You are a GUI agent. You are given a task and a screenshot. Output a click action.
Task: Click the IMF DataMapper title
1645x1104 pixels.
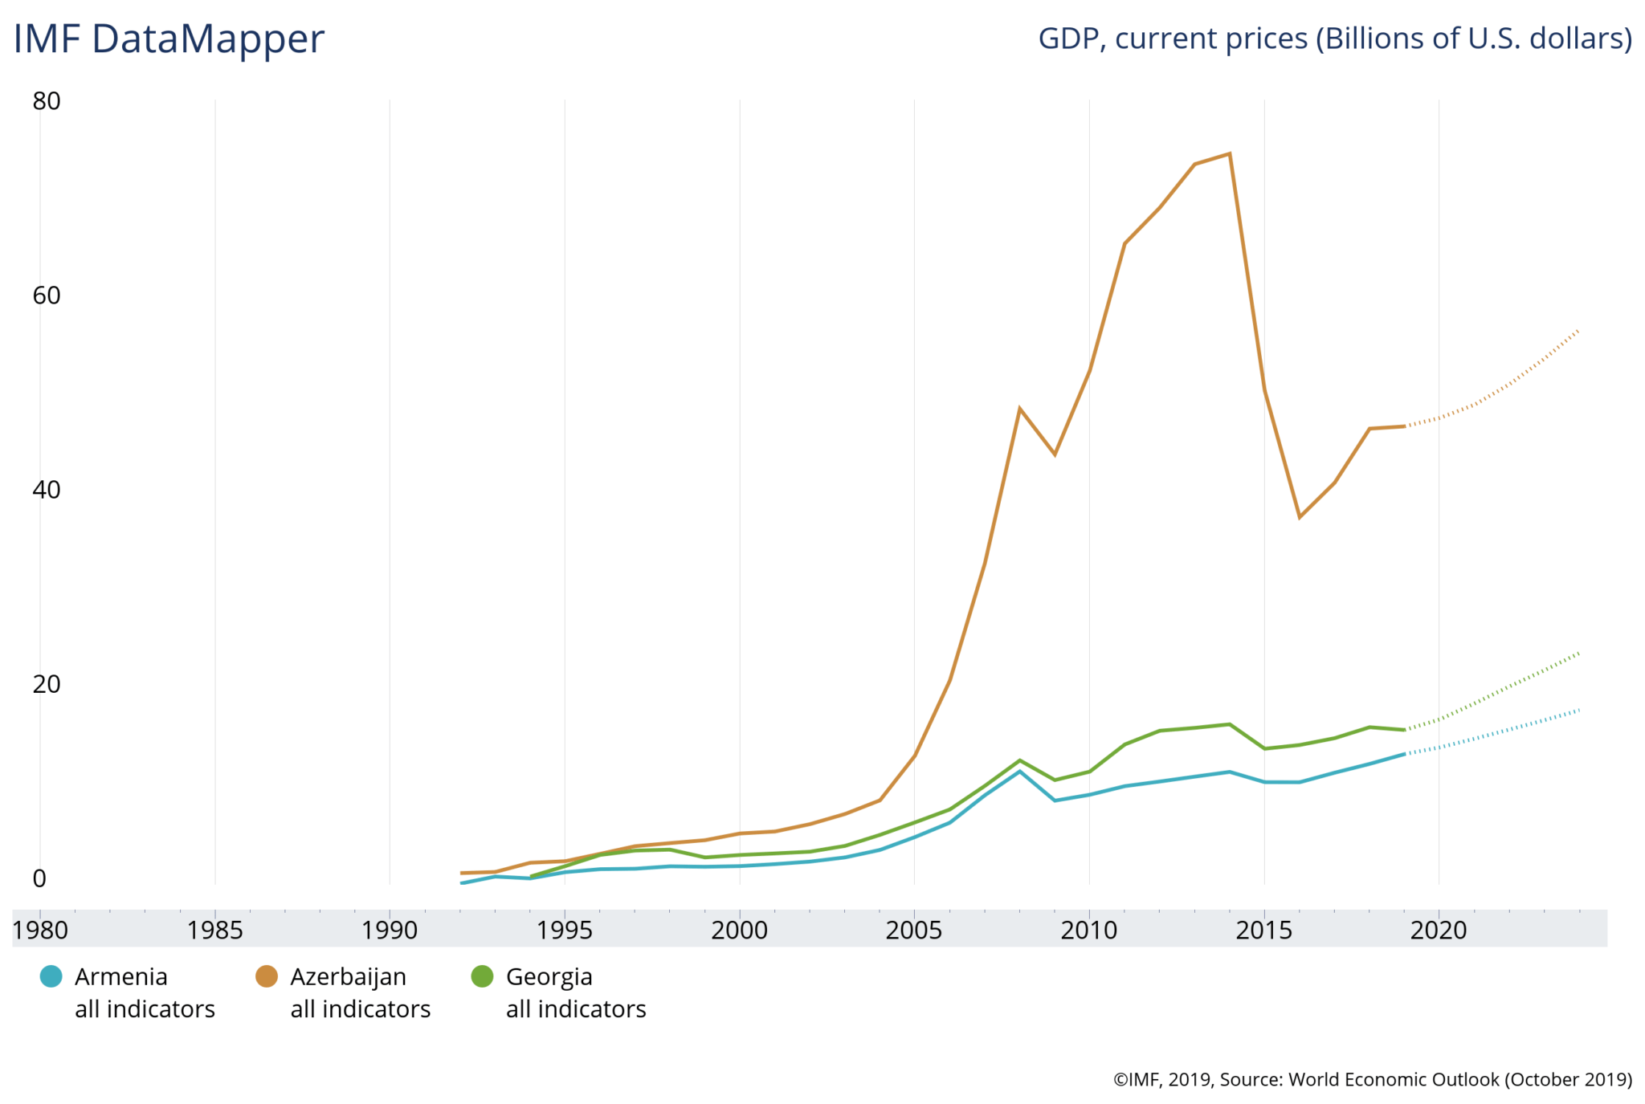point(169,39)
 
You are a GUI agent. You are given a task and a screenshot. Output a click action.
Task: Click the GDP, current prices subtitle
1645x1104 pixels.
point(1334,39)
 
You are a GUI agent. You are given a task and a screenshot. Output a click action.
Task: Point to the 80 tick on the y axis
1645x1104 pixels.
point(47,101)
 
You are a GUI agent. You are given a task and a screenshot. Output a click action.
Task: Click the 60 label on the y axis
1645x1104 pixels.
point(47,295)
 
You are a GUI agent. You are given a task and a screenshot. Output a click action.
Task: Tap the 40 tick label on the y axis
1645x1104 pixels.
point(47,490)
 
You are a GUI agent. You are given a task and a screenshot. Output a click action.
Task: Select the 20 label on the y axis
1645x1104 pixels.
point(47,684)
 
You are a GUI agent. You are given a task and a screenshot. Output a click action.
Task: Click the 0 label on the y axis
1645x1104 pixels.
point(39,878)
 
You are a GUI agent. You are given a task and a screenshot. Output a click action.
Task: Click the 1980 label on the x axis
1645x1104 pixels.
point(40,931)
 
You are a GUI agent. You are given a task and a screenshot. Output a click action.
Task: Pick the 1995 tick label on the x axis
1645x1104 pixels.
point(565,931)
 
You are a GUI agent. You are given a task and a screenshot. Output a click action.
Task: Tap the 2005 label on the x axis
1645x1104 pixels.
point(914,931)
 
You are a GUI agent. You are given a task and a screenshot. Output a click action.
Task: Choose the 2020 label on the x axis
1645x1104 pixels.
point(1439,931)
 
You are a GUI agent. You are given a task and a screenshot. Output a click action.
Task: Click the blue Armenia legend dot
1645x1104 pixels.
point(51,976)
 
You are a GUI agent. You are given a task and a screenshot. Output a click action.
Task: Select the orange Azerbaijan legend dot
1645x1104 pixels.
point(266,976)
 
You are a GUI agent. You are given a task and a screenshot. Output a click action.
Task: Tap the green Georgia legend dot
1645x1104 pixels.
point(482,976)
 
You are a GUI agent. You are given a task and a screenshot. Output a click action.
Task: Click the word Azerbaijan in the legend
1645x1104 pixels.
point(348,976)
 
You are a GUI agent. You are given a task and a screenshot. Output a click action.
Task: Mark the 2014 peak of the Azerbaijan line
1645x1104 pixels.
point(1230,153)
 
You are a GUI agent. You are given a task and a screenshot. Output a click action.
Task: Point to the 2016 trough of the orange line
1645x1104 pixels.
point(1300,517)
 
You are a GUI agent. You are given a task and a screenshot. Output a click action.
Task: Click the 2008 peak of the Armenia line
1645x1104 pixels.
point(1020,771)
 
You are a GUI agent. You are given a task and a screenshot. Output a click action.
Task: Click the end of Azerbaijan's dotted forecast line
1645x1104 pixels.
point(1579,330)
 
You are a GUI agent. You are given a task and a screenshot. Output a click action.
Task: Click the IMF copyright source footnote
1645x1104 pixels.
point(1372,1079)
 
